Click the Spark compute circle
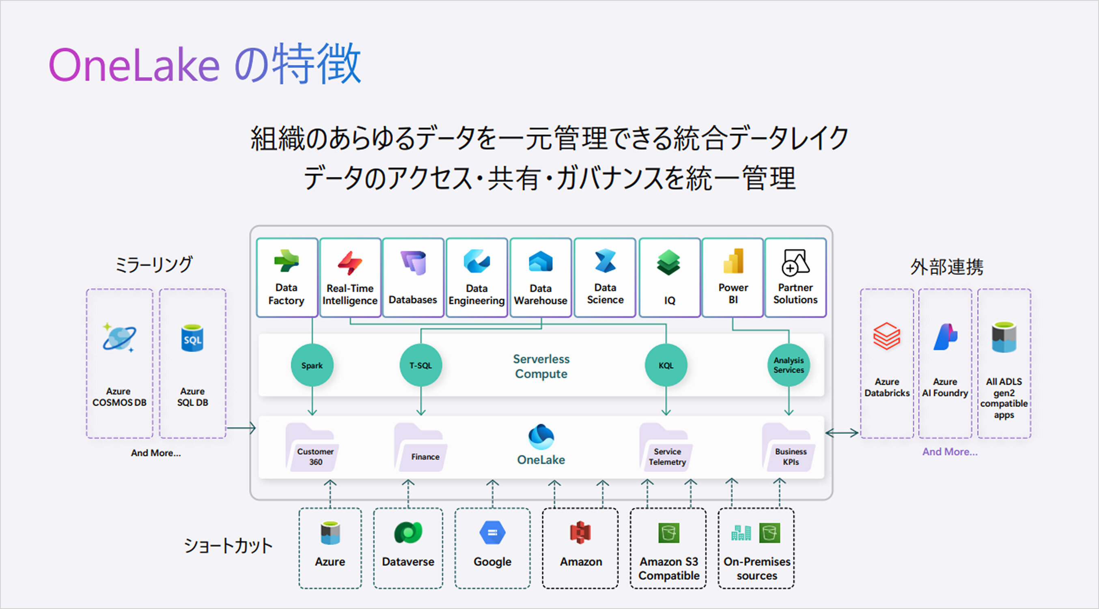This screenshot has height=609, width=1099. [312, 365]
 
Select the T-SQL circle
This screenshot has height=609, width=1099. [421, 365]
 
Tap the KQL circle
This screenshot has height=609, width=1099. [666, 365]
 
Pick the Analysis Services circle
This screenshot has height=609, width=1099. [789, 365]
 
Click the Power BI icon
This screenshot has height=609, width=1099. [733, 260]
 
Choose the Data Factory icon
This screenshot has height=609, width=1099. [286, 260]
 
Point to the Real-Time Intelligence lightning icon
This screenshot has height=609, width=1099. [350, 262]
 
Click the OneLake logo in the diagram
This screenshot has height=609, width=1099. [541, 437]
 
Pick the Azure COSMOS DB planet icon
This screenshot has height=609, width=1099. [119, 337]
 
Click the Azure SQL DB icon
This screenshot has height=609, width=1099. [192, 339]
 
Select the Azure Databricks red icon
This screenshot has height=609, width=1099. [886, 336]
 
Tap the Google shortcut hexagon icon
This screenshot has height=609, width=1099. [492, 533]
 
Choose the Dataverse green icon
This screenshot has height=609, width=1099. [408, 533]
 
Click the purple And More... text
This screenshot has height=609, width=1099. [950, 452]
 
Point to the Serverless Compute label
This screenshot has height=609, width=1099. [541, 366]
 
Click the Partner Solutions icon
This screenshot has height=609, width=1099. [795, 262]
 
